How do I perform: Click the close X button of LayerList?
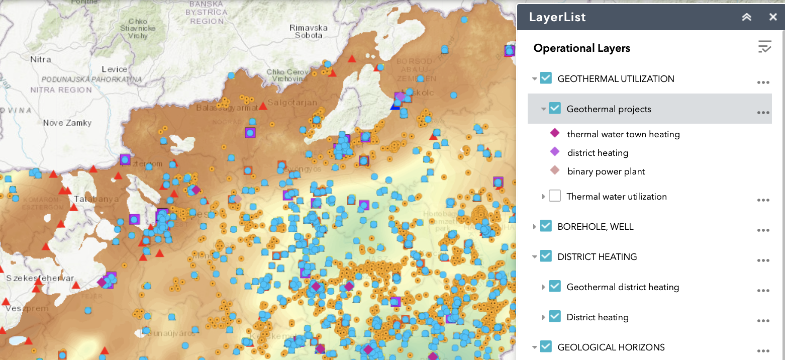[x=773, y=17]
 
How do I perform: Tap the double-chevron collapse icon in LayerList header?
[x=747, y=17]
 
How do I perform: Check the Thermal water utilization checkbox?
[x=555, y=196]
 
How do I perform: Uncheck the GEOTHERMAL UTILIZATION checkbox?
[x=546, y=78]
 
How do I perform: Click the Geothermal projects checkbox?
[x=555, y=109]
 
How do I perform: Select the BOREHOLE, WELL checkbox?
[x=546, y=226]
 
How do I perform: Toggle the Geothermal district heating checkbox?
[x=555, y=287]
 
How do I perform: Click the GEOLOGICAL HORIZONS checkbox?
[x=546, y=347]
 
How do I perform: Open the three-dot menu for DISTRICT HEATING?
[x=763, y=260]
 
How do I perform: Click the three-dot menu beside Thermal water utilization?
[x=763, y=200]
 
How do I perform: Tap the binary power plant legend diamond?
[x=555, y=171]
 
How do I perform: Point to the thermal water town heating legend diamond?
[x=555, y=133]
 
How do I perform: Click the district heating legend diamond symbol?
[x=555, y=152]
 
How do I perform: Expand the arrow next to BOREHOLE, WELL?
[x=535, y=227]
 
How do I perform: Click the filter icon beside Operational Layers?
[x=764, y=47]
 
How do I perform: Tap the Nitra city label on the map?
[x=41, y=59]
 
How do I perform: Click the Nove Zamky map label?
[x=67, y=123]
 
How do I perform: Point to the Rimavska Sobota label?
[x=309, y=32]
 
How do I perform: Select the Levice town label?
[x=114, y=69]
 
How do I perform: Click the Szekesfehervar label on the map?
[x=40, y=279]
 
